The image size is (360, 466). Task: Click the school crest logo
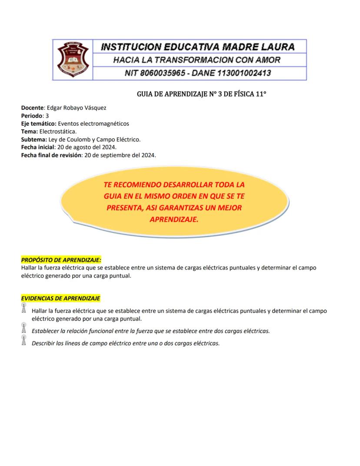[73, 60]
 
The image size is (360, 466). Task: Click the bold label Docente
[32, 107]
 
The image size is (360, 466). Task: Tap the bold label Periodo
[32, 116]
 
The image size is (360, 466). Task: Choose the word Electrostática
[58, 131]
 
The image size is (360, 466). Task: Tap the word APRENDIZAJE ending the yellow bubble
[173, 220]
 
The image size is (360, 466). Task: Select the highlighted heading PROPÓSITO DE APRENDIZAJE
[61, 260]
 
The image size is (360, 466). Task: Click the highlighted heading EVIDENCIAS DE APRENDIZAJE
[61, 298]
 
